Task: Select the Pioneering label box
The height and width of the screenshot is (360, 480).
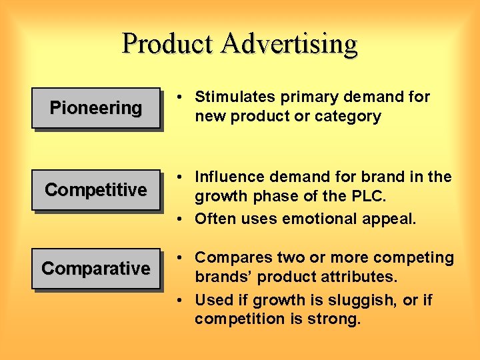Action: [96, 108]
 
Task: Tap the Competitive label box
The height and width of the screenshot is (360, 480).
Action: [96, 190]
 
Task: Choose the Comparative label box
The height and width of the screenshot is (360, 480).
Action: [96, 269]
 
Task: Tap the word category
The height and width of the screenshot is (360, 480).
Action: [347, 117]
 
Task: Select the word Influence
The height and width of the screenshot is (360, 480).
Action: [227, 177]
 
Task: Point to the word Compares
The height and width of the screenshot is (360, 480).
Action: [228, 258]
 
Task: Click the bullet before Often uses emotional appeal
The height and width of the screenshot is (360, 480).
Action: [181, 219]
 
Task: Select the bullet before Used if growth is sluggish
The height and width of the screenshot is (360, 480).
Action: [181, 301]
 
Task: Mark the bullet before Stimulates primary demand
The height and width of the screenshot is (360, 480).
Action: [181, 97]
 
